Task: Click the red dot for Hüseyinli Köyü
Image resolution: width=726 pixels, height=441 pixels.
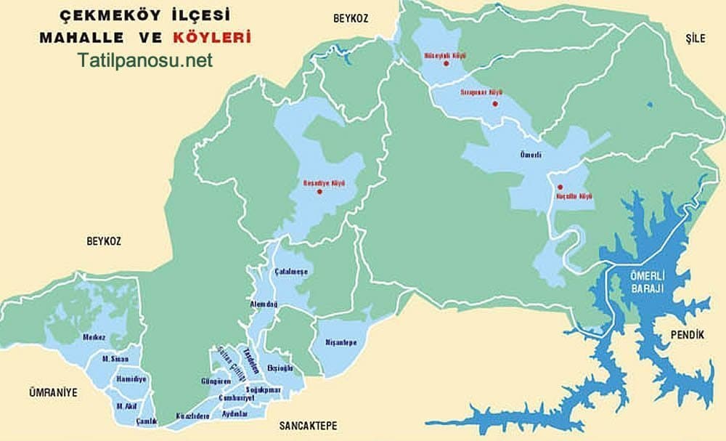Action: [x=446, y=64]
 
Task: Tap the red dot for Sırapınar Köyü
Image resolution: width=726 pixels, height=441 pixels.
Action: [x=494, y=104]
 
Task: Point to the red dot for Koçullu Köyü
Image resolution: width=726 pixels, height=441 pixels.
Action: [x=560, y=187]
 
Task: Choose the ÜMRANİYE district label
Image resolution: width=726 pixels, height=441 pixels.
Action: [x=52, y=392]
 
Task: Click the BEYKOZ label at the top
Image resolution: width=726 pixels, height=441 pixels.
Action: [x=351, y=19]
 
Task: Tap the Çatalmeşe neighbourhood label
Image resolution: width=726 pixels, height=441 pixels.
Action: [x=291, y=272]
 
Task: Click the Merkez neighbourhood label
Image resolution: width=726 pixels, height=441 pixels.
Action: [x=94, y=337]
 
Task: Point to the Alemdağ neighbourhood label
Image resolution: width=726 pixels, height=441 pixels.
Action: [x=264, y=304]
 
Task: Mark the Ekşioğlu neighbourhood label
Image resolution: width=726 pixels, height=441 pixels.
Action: [x=280, y=368]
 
